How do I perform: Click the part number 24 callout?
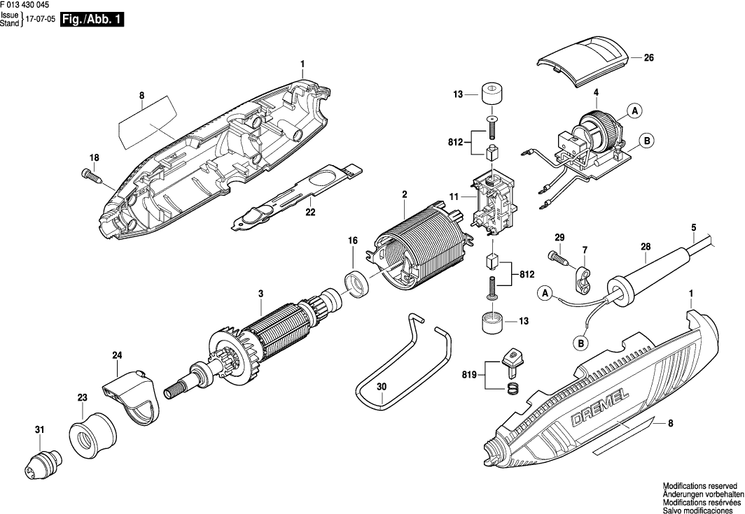(x=116, y=355)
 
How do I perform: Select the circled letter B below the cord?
(x=580, y=343)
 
